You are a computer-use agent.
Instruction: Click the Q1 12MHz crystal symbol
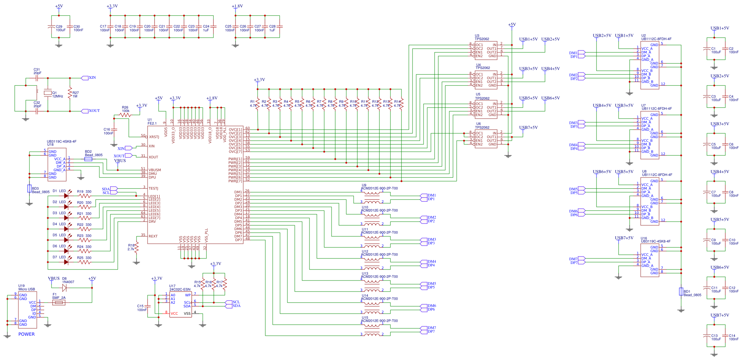[x=47, y=93]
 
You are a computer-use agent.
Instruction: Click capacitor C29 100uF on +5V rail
[x=52, y=27]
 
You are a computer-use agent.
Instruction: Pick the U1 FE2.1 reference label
[x=152, y=122]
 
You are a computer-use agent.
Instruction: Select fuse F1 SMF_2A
[x=59, y=303]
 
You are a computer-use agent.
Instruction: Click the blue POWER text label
[x=26, y=334]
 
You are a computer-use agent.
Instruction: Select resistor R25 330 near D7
[x=85, y=262]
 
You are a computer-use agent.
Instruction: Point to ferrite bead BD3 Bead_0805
[x=29, y=188]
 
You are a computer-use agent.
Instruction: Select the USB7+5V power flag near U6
[x=528, y=128]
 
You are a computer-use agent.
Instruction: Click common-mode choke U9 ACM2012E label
[x=379, y=188]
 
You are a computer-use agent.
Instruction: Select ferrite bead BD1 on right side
[x=681, y=292]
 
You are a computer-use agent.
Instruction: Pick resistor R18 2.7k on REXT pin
[x=137, y=247]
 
